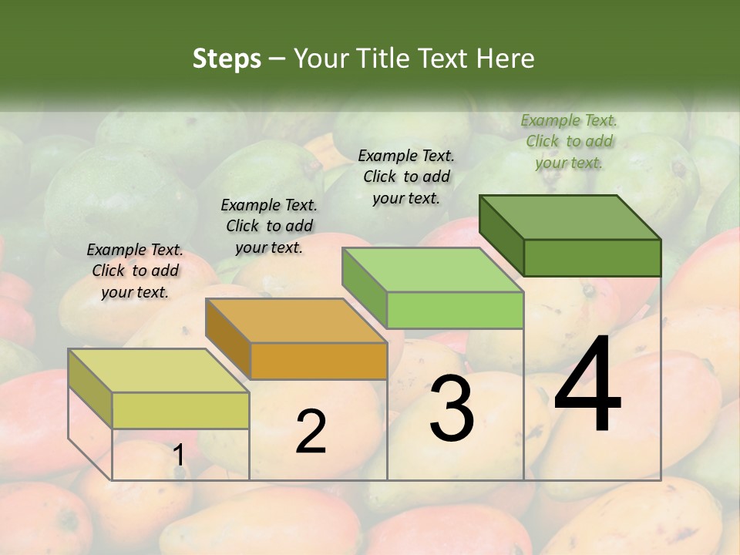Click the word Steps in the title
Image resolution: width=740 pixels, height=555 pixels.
[227, 59]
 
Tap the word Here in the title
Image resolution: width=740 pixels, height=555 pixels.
[506, 59]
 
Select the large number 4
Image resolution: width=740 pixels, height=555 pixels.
[587, 385]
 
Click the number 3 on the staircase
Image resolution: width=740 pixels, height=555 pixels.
[452, 409]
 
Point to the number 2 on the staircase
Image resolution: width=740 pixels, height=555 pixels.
[311, 432]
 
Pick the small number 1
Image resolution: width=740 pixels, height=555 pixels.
[178, 456]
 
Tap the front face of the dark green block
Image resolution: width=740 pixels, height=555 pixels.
[592, 257]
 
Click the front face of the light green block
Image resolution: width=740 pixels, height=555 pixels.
[455, 310]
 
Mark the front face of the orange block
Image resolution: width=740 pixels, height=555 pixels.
[318, 361]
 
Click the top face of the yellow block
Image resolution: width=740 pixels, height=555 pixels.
[159, 371]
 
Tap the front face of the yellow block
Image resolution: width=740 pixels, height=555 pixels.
[180, 410]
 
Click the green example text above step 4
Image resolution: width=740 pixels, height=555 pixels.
[569, 142]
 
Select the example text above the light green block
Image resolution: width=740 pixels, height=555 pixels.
[406, 177]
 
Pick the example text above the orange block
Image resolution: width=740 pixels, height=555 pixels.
[269, 226]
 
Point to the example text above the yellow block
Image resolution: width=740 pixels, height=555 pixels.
[135, 271]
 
